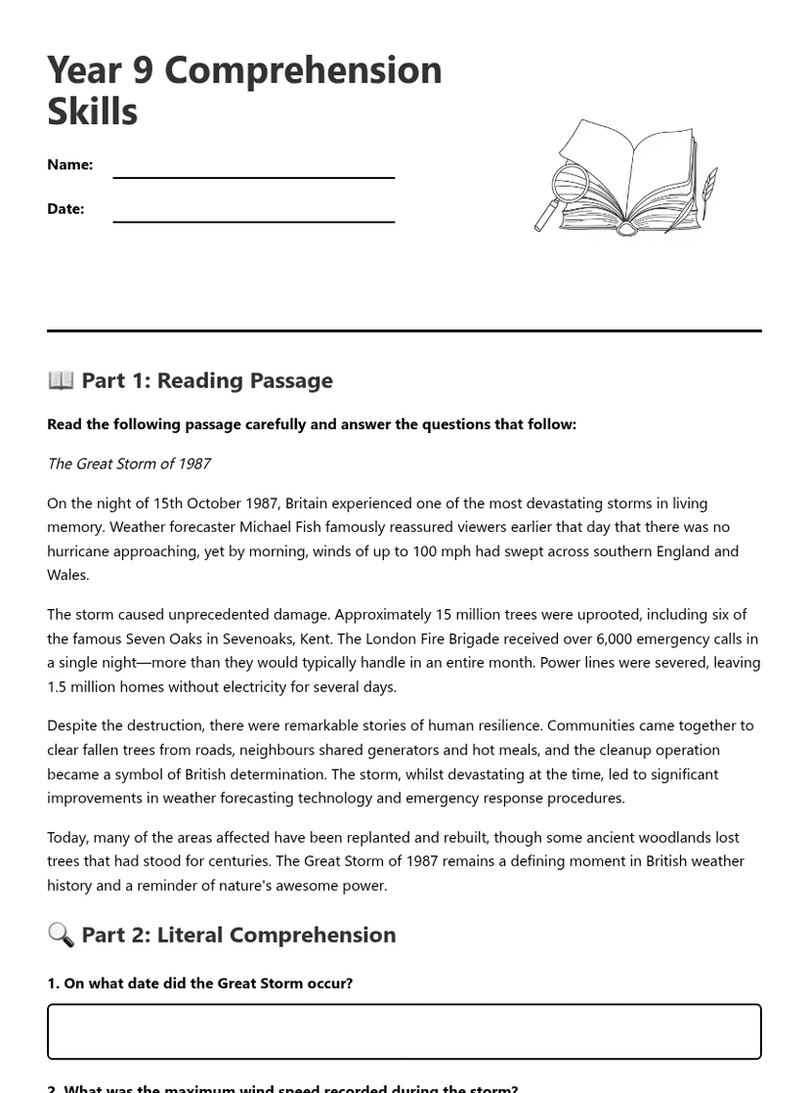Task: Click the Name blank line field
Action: pos(253,168)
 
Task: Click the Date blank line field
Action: pos(253,212)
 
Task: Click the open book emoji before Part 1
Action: pos(61,379)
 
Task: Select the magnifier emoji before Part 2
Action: pos(61,934)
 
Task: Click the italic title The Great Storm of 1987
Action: pos(129,463)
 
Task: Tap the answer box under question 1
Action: pos(404,1031)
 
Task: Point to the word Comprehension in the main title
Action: pos(303,70)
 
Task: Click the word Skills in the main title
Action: pos(92,111)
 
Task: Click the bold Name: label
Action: pos(69,164)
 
